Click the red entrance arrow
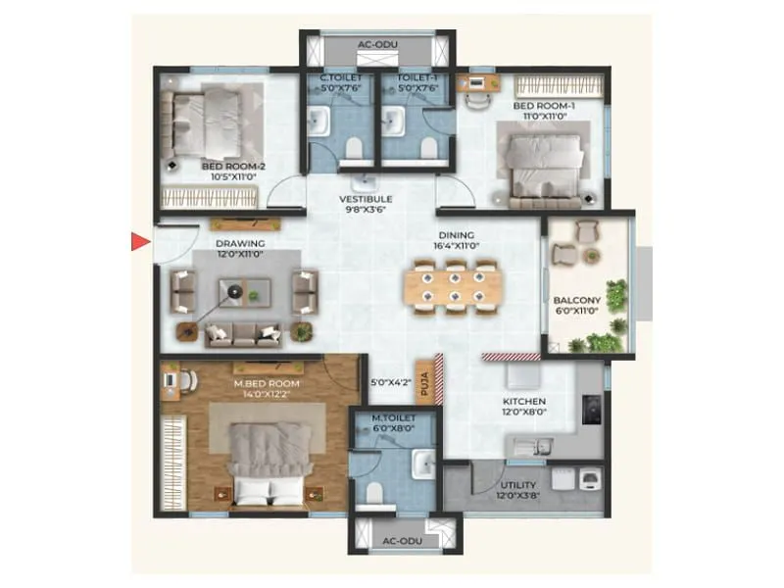pyautogui.click(x=140, y=241)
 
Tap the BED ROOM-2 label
pyautogui.click(x=233, y=168)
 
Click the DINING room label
pyautogui.click(x=457, y=235)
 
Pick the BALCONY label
pyautogui.click(x=575, y=301)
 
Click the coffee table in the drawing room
pyautogui.click(x=235, y=291)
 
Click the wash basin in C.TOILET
pyautogui.click(x=318, y=122)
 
